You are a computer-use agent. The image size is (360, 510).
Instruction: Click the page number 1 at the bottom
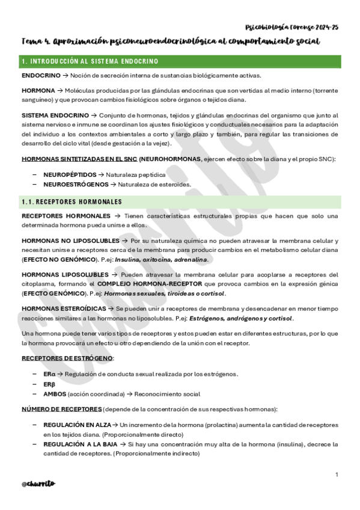coord(337,475)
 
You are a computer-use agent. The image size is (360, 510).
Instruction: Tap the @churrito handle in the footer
coord(38,483)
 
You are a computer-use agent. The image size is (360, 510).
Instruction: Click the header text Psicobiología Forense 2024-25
coord(292,27)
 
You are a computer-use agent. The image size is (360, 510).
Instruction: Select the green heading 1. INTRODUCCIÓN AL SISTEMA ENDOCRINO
coord(90,61)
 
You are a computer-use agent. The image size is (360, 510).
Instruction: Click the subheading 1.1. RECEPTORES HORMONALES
coord(72,201)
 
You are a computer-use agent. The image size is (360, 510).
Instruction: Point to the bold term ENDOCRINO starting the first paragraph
coord(40,76)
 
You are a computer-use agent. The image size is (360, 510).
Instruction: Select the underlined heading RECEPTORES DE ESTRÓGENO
coord(67,358)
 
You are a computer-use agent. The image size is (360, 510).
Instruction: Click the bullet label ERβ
coord(49,384)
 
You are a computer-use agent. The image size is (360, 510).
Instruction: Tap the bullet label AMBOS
coord(55,395)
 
